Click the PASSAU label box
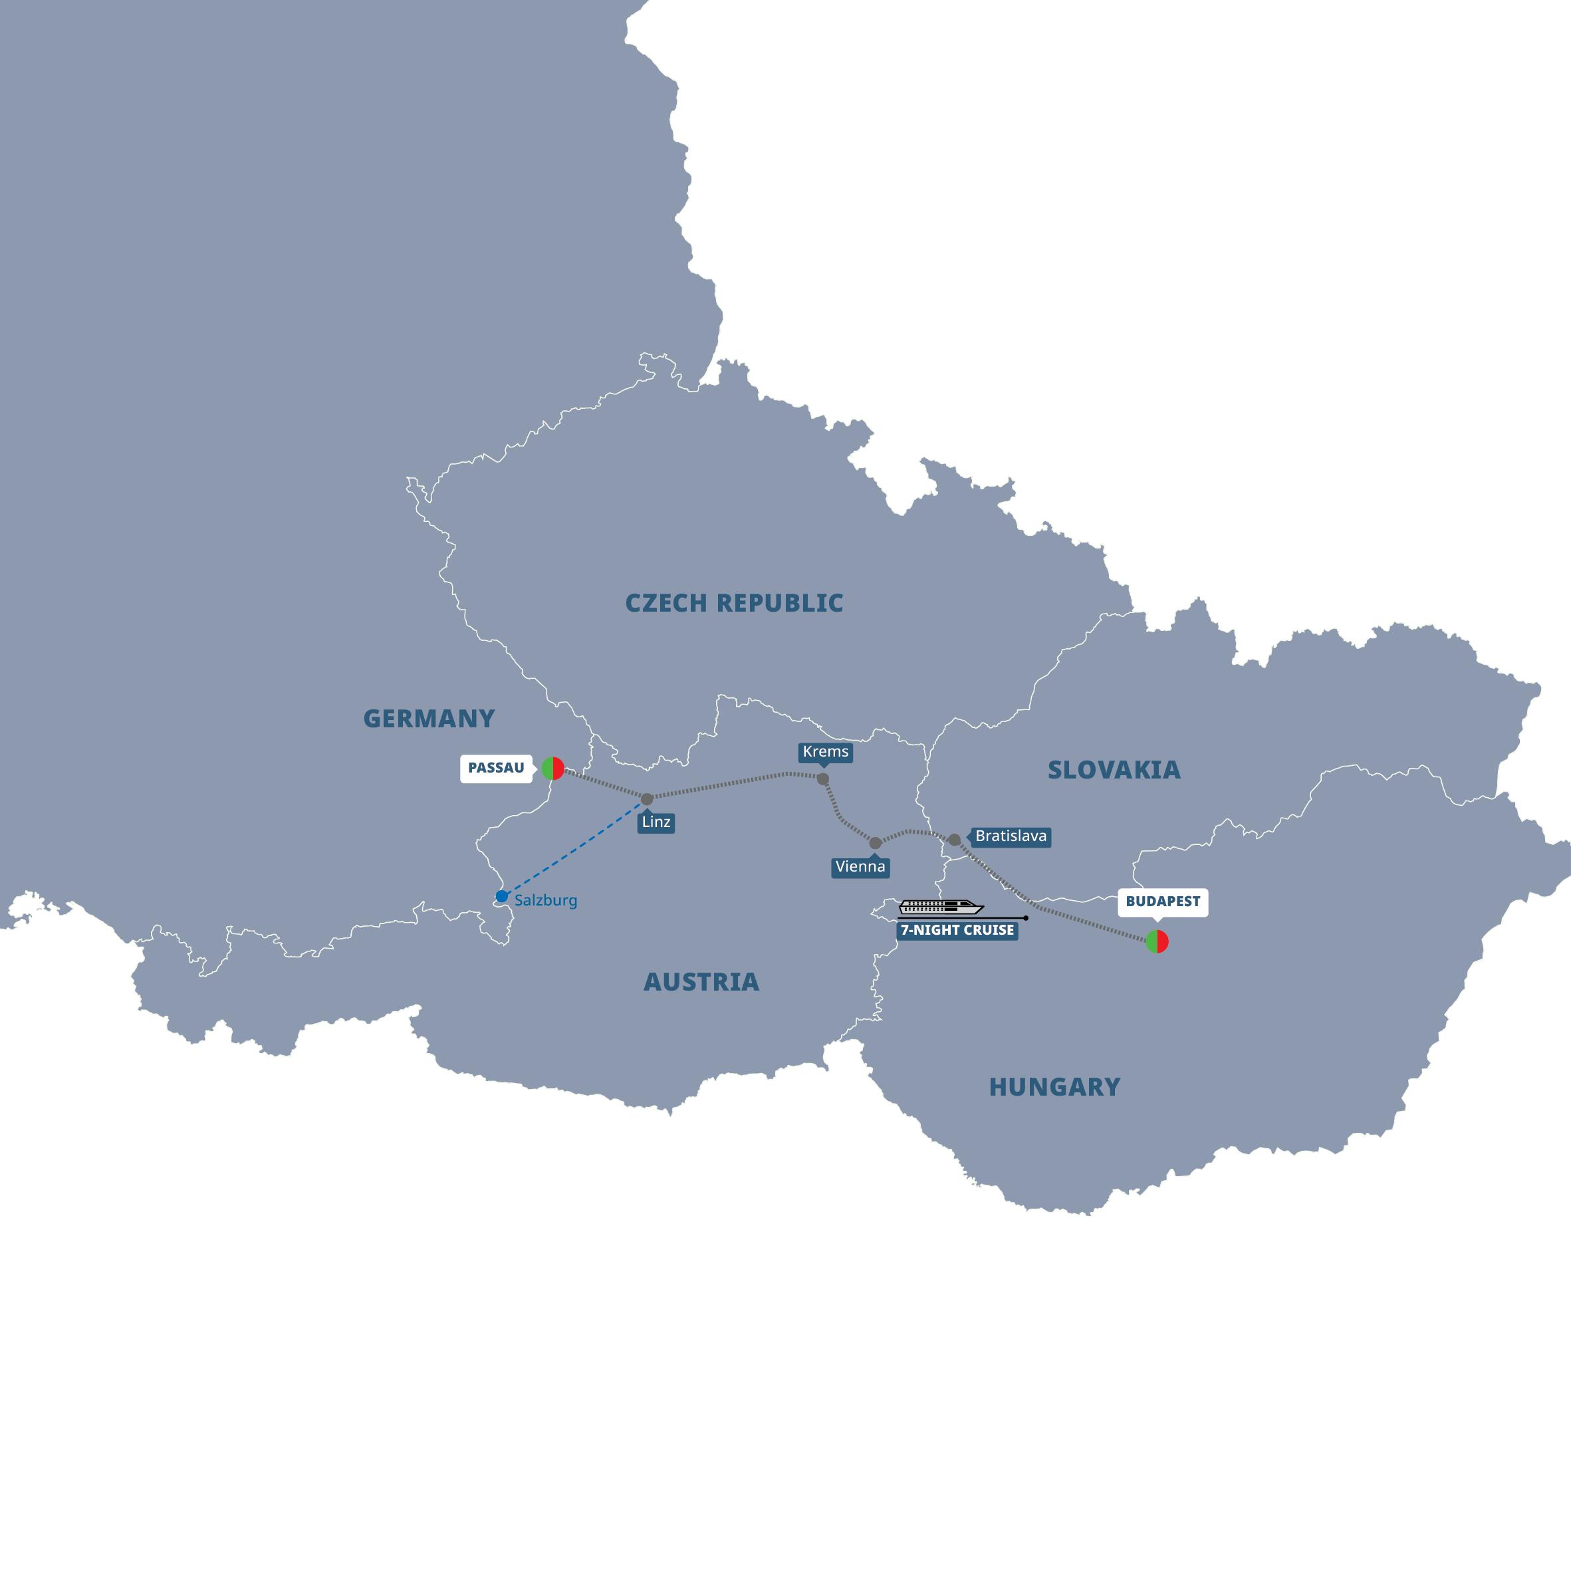(x=496, y=768)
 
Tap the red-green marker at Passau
(x=553, y=769)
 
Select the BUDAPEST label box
(x=1162, y=901)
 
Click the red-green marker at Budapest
(x=1157, y=941)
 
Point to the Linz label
(x=656, y=822)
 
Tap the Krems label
(x=825, y=752)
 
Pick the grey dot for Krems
(x=823, y=779)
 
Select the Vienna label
(x=860, y=867)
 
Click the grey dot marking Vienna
(x=875, y=843)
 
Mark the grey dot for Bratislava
(x=954, y=840)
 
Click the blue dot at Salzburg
(x=502, y=897)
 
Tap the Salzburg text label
(x=546, y=901)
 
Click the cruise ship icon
(x=941, y=907)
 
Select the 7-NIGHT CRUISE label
(x=957, y=930)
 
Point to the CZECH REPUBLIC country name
(x=733, y=604)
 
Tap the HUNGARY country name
(x=1054, y=1087)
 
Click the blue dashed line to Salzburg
(x=574, y=848)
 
